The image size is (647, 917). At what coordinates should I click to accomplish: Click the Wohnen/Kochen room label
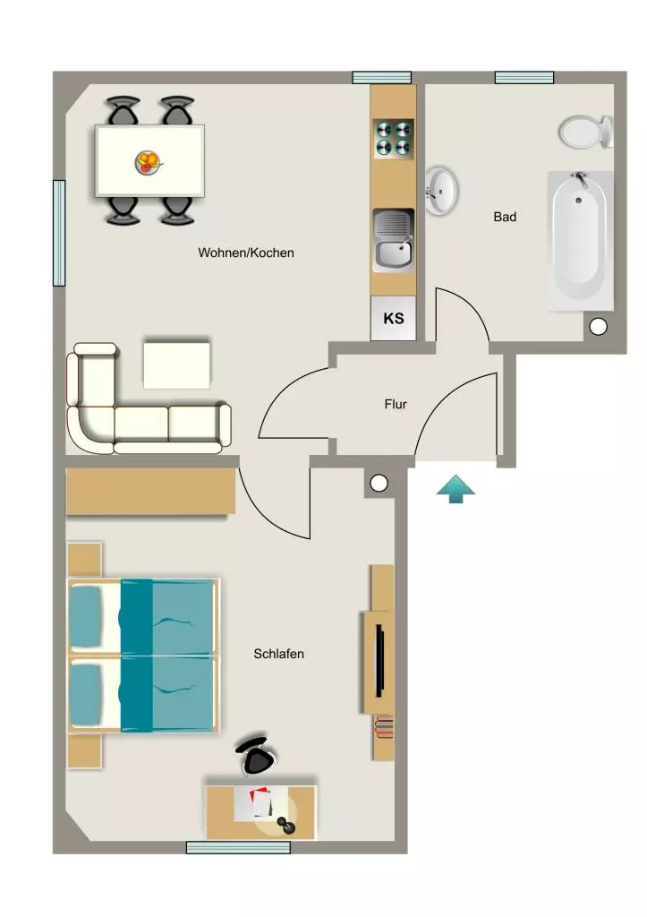pos(246,253)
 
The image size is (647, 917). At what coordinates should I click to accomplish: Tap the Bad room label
pos(505,217)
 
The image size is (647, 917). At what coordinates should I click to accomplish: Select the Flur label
pos(396,404)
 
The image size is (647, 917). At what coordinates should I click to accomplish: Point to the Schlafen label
pos(279,654)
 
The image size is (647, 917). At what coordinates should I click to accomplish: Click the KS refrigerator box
pos(394,318)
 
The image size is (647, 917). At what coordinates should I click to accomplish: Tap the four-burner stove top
pos(394,139)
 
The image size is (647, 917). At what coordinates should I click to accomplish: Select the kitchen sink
pos(394,240)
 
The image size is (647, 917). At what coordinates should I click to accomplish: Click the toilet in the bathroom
pos(585,132)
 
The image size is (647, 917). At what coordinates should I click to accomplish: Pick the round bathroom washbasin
pos(441,191)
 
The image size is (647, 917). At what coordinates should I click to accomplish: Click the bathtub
pos(580,240)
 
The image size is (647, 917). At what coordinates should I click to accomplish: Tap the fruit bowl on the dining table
pos(149,161)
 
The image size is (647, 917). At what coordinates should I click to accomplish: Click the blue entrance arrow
pos(455,489)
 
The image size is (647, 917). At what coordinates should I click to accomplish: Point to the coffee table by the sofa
pos(176,365)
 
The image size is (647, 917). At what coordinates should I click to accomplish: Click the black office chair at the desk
pos(256,756)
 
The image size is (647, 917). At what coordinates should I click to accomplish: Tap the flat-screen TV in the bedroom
pos(379,661)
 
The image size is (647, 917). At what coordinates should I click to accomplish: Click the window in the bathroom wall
pos(524,77)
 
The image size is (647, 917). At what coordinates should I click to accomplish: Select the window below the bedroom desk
pos(238,847)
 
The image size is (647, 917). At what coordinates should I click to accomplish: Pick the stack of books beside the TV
pos(384,727)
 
